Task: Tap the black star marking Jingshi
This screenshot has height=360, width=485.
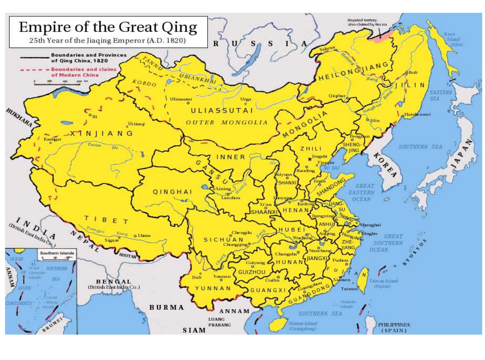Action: point(310,160)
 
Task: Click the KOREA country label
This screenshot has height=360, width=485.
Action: point(385,165)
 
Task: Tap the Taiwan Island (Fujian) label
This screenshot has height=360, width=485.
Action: point(383,283)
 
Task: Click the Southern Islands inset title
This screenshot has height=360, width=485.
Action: point(57,253)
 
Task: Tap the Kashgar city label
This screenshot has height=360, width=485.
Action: point(52,139)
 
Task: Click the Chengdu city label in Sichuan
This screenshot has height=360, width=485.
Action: point(241,233)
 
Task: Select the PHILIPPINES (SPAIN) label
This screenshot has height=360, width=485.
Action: point(394,327)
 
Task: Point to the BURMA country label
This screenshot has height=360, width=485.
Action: point(166,307)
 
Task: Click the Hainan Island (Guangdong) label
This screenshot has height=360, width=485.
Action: point(303,326)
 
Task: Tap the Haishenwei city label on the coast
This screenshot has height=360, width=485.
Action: point(417,114)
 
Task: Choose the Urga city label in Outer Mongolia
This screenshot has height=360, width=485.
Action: point(245,99)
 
